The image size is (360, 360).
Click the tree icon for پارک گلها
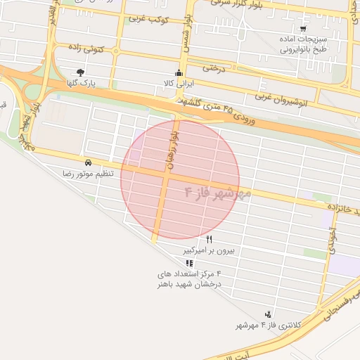click(x=82, y=72)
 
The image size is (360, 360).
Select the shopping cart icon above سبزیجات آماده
click(x=303, y=29)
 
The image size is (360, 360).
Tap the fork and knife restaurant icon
click(x=209, y=240)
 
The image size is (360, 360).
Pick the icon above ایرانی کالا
click(x=179, y=72)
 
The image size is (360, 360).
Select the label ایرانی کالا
click(x=179, y=83)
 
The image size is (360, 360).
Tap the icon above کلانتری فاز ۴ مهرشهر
click(x=267, y=314)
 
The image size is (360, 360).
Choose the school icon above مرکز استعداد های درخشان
click(x=188, y=262)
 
